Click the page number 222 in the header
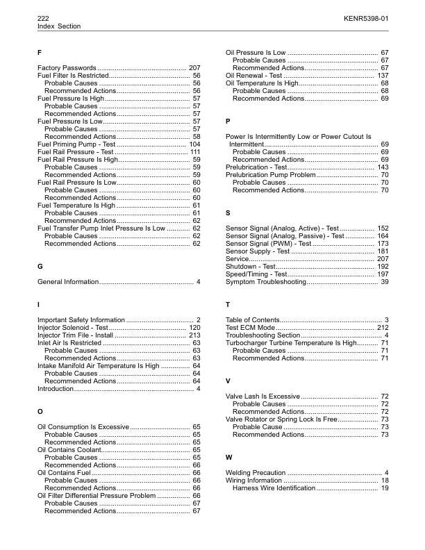click(x=44, y=17)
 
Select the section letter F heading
click(x=40, y=53)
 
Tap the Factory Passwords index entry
click(x=67, y=67)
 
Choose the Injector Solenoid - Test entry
click(x=73, y=327)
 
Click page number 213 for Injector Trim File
click(x=194, y=335)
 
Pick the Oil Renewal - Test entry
click(x=254, y=75)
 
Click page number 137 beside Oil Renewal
click(x=383, y=75)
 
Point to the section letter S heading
click(x=228, y=212)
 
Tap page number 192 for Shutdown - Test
click(x=383, y=267)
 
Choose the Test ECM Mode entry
click(x=251, y=327)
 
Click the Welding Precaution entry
click(x=256, y=473)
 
